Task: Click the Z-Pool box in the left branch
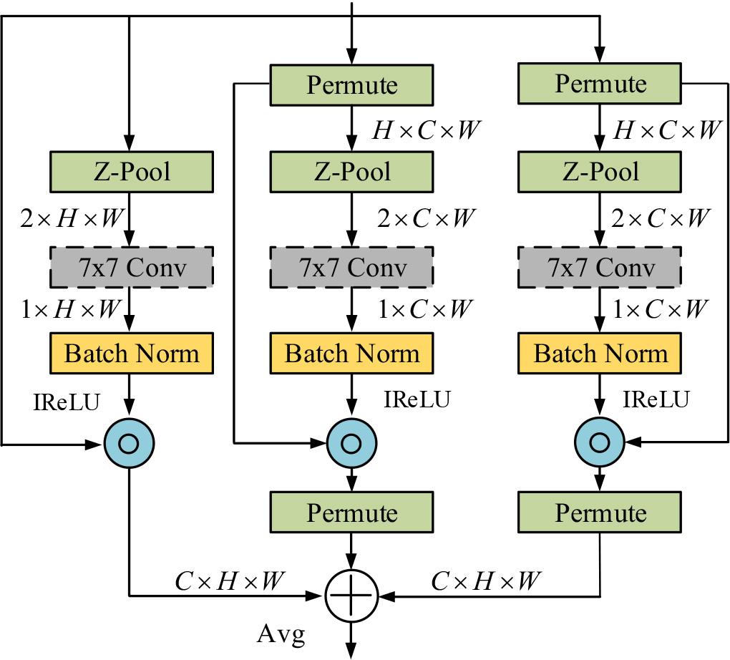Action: pos(132,173)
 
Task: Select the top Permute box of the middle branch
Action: pos(351,84)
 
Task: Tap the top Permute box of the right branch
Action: pos(600,84)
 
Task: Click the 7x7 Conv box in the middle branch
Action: pos(351,267)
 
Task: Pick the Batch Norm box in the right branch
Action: pos(600,354)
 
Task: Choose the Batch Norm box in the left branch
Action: pos(132,354)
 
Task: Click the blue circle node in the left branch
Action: pos(129,444)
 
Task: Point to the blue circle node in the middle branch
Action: pos(351,444)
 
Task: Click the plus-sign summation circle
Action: pos(351,594)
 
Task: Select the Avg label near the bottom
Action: pos(281,634)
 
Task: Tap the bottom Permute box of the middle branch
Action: pos(351,513)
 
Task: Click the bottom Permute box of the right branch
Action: pos(600,513)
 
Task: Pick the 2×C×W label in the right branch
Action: pos(660,218)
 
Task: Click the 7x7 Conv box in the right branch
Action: pos(600,267)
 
